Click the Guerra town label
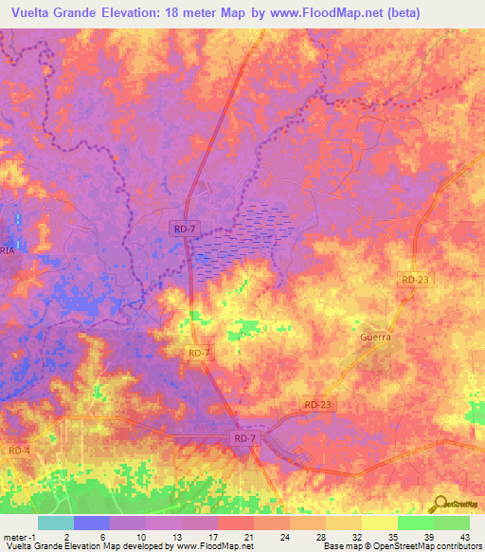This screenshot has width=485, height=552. (375, 337)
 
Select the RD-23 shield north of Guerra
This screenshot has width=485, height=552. (414, 280)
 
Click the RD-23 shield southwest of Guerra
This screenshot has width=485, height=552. (318, 405)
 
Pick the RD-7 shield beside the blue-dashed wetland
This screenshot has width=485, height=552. (186, 228)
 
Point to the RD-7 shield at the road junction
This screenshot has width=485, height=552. (244, 439)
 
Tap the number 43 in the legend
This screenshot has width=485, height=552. (464, 536)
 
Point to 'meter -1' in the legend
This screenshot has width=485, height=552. (19, 536)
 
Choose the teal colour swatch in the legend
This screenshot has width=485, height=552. (55, 523)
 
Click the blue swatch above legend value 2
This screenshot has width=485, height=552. (91, 523)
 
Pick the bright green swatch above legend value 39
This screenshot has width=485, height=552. (415, 523)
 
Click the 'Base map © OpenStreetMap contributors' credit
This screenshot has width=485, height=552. (403, 546)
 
